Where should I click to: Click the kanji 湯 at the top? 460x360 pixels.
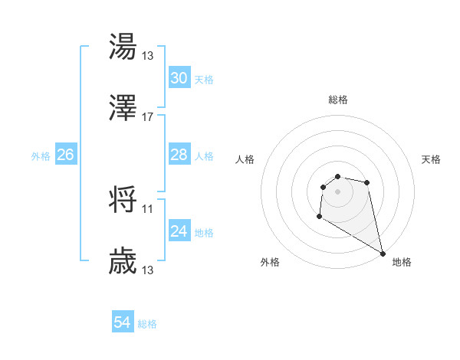123,47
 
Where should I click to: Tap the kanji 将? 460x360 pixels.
123,200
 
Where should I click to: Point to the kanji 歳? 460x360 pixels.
123,261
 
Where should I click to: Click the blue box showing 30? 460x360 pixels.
179,78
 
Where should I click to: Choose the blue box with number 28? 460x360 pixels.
179,155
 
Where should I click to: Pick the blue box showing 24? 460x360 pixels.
179,231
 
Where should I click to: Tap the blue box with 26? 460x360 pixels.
65,155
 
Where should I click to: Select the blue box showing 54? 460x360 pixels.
123,323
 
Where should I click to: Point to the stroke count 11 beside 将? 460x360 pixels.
148,208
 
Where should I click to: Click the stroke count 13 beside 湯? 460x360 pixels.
148,55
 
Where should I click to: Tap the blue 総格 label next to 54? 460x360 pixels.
148,324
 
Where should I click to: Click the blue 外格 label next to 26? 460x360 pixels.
41,155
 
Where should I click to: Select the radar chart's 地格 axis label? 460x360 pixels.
402,262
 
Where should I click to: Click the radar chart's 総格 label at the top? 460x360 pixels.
338,100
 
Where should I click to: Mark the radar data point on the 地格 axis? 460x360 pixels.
383,254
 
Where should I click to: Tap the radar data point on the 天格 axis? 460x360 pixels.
367,182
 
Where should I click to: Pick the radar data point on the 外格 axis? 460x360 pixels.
318,217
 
